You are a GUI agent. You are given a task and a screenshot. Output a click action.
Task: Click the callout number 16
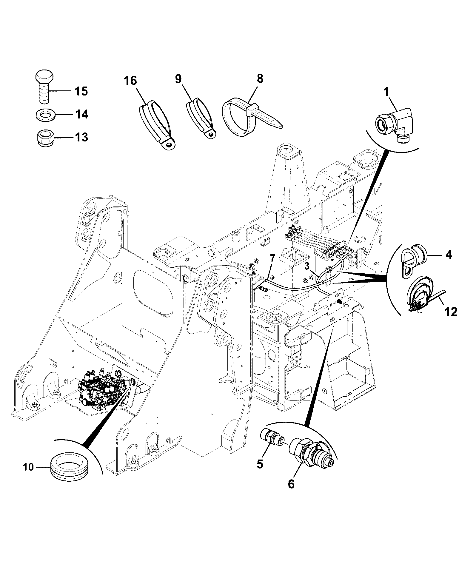(130, 81)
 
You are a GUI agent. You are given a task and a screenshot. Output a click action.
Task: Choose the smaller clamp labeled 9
(201, 118)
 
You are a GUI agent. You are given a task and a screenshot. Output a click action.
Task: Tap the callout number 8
(260, 78)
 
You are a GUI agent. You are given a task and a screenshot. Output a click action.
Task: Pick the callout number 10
(29, 467)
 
